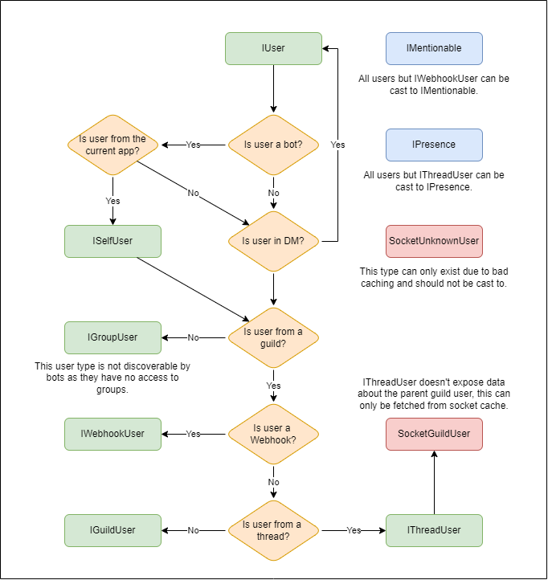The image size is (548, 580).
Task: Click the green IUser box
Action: pos(273,48)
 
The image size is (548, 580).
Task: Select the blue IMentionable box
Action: pos(434,48)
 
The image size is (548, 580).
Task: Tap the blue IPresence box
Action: pos(434,145)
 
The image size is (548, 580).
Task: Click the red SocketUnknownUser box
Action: pos(434,241)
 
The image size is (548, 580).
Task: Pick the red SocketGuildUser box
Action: pos(434,434)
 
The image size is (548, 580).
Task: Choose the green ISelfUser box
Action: pos(112,241)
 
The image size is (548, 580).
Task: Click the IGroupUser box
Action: pos(112,337)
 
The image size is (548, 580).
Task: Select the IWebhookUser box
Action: pos(112,434)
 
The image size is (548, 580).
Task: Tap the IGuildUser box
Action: pos(112,530)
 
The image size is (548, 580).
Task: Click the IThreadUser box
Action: pos(434,530)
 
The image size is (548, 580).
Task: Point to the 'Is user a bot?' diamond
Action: pos(273,145)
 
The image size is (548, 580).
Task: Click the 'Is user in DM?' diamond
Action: pos(273,241)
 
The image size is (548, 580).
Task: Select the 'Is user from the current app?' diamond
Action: pos(112,145)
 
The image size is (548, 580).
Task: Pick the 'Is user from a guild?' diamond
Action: pos(273,337)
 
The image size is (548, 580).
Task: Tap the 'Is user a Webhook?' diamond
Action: pos(273,434)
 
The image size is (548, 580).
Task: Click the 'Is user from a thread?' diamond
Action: pos(273,530)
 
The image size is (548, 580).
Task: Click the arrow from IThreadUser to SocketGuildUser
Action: pos(434,482)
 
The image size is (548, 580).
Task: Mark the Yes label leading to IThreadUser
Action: pos(354,530)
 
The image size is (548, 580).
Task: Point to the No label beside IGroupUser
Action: pos(193,337)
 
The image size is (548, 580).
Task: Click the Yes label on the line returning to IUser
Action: pos(337,145)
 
